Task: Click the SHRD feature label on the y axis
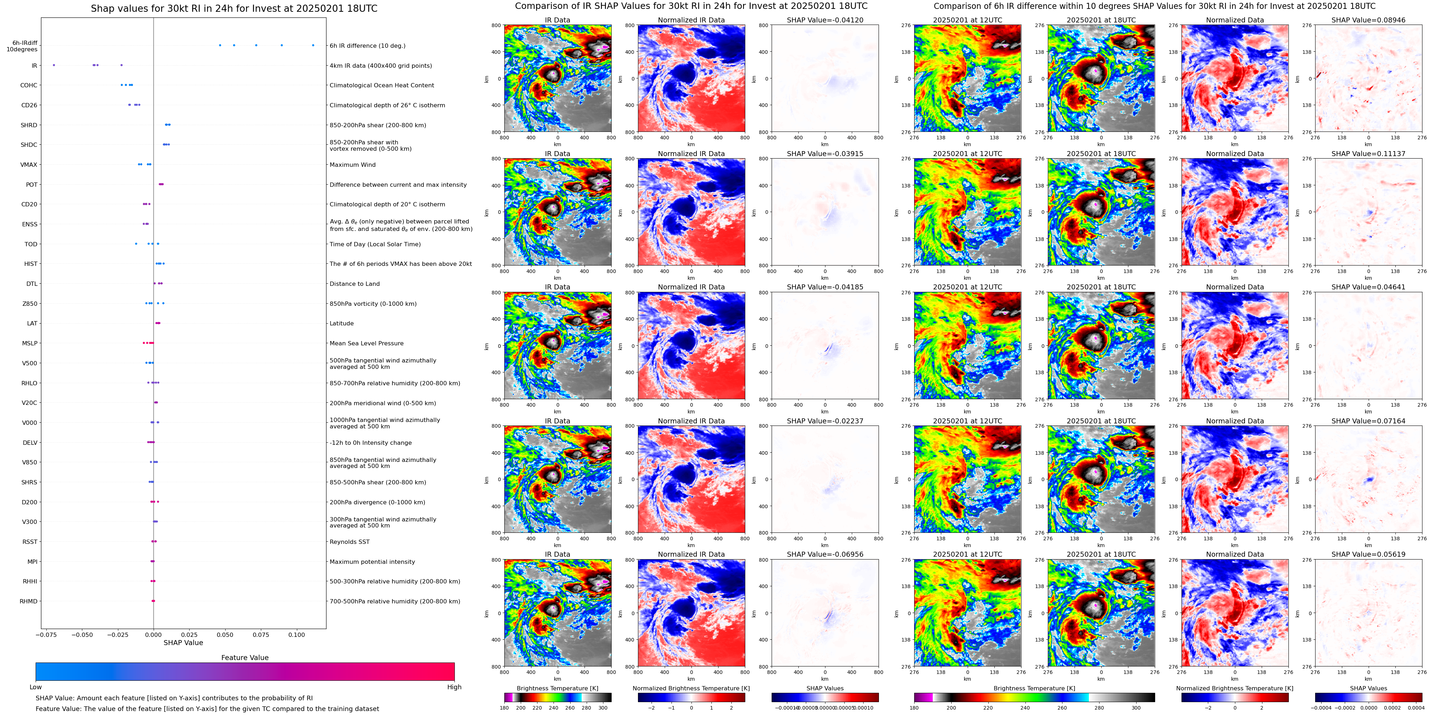pyautogui.click(x=29, y=125)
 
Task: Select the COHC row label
pyautogui.click(x=29, y=86)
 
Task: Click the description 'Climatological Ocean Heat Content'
pyautogui.click(x=382, y=86)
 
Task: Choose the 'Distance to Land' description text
pyautogui.click(x=354, y=284)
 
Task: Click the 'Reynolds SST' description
pyautogui.click(x=349, y=542)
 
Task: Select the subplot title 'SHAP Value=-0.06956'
pyautogui.click(x=824, y=554)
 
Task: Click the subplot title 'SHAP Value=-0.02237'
pyautogui.click(x=824, y=421)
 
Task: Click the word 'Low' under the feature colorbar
pyautogui.click(x=36, y=687)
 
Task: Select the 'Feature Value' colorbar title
pyautogui.click(x=244, y=658)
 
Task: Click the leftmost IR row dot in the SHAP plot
pyautogui.click(x=54, y=65)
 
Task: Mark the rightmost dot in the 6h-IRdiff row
pyautogui.click(x=313, y=45)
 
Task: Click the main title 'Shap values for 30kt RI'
pyautogui.click(x=234, y=8)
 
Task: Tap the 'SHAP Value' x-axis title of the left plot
pyautogui.click(x=183, y=643)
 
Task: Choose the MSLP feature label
pyautogui.click(x=30, y=343)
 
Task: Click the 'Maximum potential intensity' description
pyautogui.click(x=372, y=562)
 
